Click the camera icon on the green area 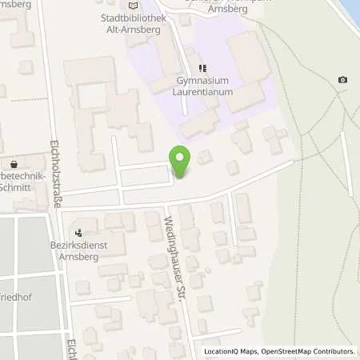[x=343, y=79]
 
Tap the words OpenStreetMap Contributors [x=308, y=351]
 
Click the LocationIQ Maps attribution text [x=232, y=351]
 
